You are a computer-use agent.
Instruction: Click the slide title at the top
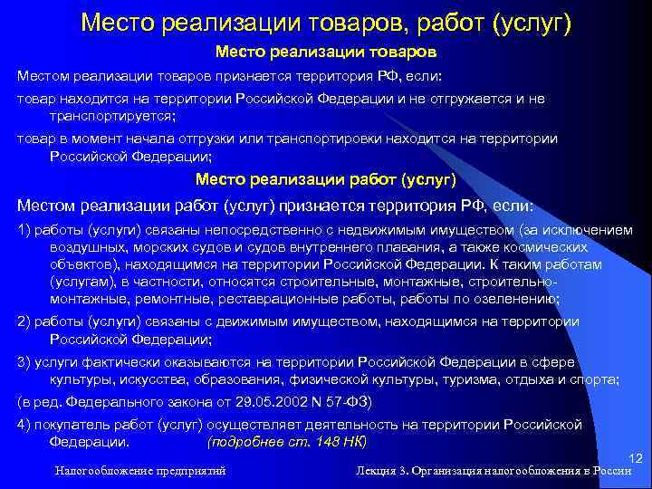click(326, 21)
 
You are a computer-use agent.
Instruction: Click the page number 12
click(634, 459)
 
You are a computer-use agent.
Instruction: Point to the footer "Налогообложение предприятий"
click(139, 471)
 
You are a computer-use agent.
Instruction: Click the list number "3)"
click(24, 362)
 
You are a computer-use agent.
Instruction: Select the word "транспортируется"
click(108, 117)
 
